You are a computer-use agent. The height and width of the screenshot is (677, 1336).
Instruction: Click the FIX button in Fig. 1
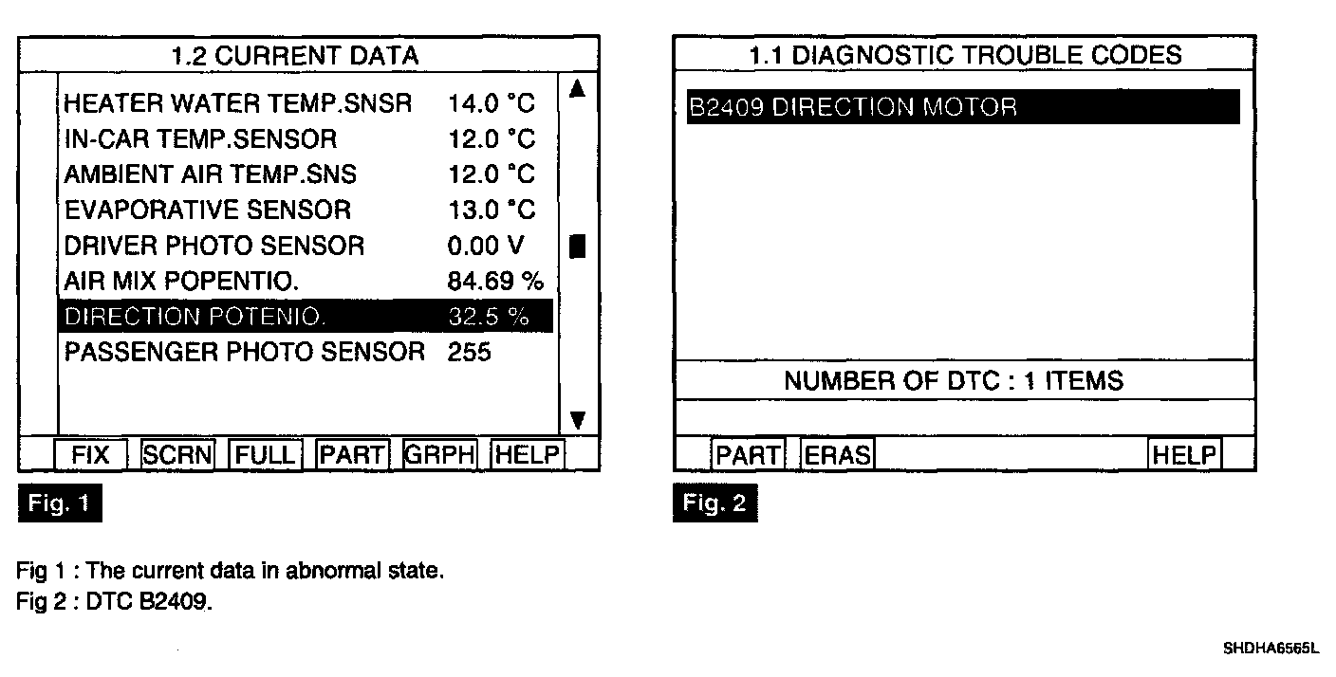click(90, 456)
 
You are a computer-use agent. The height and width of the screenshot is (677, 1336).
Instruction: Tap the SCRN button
click(178, 456)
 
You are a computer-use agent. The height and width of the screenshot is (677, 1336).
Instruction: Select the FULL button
click(266, 456)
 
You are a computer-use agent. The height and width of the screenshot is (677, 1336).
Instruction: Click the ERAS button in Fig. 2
click(837, 456)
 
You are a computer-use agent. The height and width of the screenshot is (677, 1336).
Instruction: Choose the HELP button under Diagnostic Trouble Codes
click(1183, 456)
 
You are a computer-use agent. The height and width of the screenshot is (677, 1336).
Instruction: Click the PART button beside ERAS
click(748, 456)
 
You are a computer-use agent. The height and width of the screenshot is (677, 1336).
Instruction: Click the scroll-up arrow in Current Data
click(575, 90)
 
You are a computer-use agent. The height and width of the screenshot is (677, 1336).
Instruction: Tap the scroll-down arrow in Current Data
click(576, 420)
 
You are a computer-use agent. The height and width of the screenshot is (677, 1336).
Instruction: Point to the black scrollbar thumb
click(576, 246)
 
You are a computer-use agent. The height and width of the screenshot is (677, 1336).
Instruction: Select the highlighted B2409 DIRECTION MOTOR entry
click(962, 107)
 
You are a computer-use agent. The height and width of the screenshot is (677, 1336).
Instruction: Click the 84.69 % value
click(495, 282)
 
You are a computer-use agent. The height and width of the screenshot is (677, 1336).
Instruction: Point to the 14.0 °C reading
click(492, 104)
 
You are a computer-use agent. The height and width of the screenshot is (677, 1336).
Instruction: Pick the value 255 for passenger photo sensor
click(469, 353)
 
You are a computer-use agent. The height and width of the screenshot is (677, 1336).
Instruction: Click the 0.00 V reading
click(485, 246)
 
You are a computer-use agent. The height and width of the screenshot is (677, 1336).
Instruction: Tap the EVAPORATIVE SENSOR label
click(207, 210)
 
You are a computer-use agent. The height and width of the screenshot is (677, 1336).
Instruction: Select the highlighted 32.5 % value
click(488, 317)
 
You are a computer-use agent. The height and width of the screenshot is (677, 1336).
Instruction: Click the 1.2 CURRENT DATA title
click(295, 55)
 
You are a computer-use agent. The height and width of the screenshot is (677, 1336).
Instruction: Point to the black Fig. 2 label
click(715, 503)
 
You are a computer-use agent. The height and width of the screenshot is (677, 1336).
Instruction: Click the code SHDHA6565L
click(1271, 650)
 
